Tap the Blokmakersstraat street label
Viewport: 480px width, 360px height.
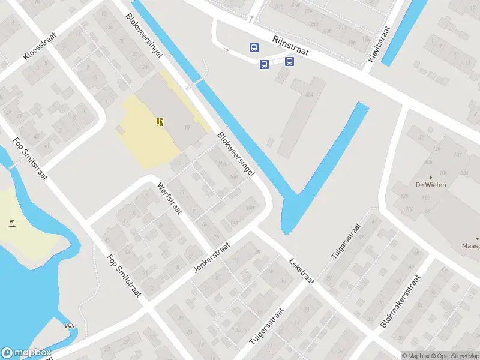(x=401, y=301)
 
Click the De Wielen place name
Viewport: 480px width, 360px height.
(x=430, y=185)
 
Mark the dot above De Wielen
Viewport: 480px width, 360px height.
(x=430, y=176)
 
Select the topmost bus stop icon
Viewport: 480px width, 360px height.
(x=254, y=47)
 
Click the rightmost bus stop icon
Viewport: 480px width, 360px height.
(x=289, y=61)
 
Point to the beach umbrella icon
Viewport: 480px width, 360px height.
(x=12, y=223)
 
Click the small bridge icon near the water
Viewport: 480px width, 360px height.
(x=70, y=328)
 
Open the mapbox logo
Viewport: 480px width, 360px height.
(x=27, y=353)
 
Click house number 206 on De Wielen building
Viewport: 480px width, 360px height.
(x=409, y=208)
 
